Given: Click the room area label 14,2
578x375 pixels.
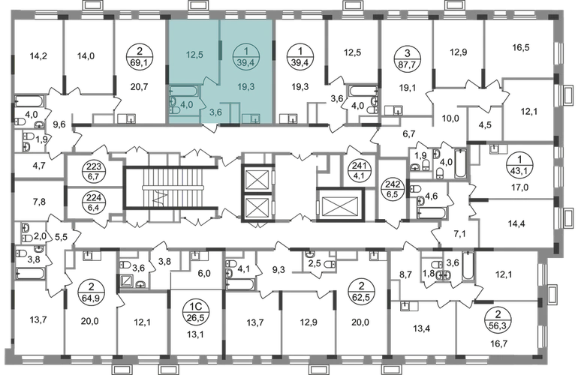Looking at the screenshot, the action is click(38, 56).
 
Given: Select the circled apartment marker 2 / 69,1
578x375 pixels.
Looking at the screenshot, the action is click(139, 58).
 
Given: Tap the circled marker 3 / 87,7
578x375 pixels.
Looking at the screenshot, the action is click(407, 58).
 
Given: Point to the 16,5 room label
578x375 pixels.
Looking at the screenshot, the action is click(521, 47).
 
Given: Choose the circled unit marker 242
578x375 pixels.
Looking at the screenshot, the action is click(392, 188).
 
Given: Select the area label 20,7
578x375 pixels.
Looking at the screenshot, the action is click(139, 87).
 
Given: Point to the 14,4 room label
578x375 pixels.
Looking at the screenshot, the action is click(516, 223).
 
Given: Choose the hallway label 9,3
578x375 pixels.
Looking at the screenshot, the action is click(278, 271).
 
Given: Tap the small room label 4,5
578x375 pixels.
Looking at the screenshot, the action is click(485, 124).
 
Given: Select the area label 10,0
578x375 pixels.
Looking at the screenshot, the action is click(450, 118).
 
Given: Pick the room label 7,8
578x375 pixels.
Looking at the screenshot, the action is click(39, 202).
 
